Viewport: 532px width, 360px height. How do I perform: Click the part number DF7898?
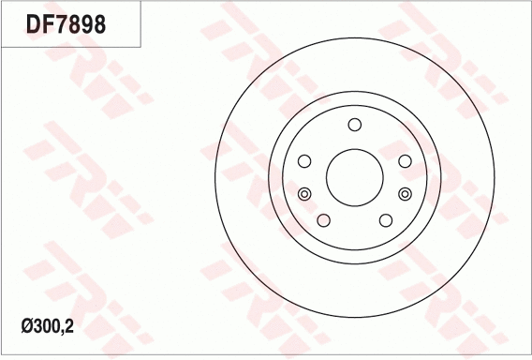coord(66,23)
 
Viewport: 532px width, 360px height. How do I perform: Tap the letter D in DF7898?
coord(33,23)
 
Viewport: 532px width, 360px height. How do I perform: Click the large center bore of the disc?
coord(354,175)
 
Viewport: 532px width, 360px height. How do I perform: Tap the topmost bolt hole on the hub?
coord(354,126)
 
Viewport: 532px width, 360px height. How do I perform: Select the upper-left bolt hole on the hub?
coord(303,161)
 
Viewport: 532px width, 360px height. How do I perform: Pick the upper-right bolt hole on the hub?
coord(405,161)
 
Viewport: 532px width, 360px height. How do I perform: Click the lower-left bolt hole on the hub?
coord(323,220)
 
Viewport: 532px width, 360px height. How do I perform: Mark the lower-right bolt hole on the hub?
coord(385,220)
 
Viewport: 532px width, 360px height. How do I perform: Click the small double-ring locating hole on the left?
coord(303,193)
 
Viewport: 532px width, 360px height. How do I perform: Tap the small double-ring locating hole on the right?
coord(405,193)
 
